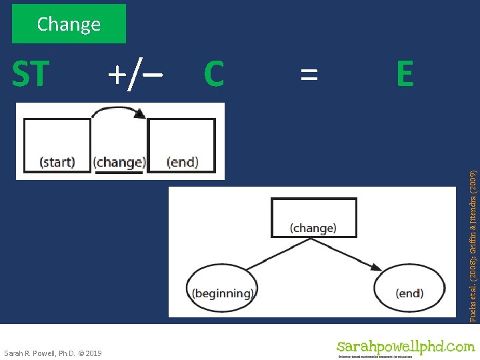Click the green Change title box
(69, 24)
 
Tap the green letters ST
(31, 74)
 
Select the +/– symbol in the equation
(136, 74)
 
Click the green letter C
(213, 74)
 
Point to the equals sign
(308, 74)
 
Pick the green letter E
(404, 74)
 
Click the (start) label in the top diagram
(57, 162)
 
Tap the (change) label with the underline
(119, 162)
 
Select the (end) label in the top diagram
(182, 162)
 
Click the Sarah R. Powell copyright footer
(53, 353)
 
